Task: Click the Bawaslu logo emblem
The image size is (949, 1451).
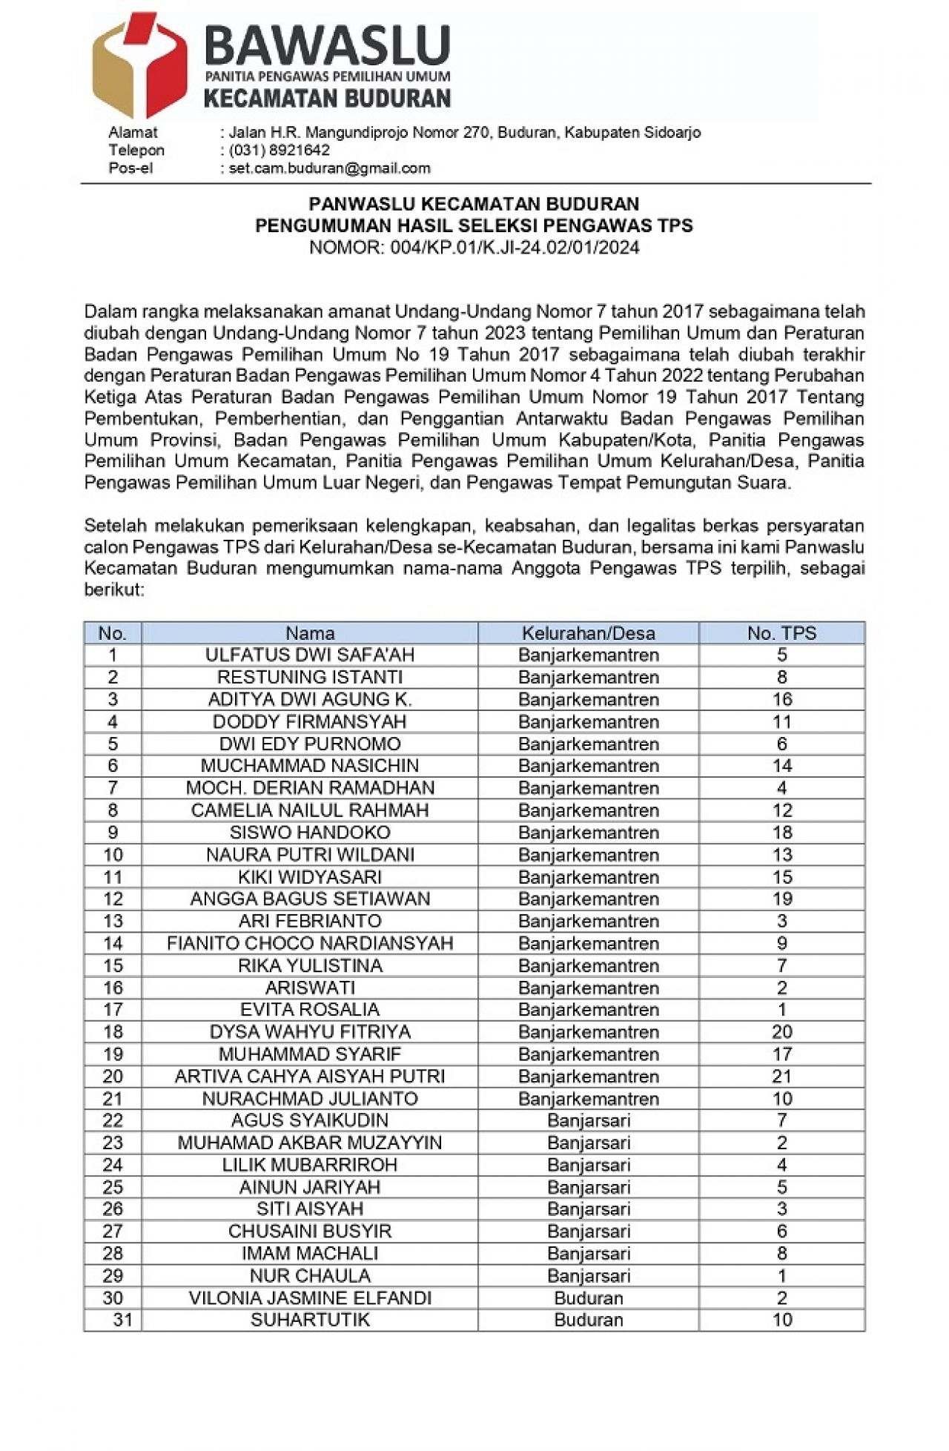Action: pyautogui.click(x=139, y=65)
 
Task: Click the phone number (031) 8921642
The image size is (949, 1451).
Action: pyautogui.click(x=279, y=151)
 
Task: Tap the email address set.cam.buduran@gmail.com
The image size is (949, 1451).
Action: pyautogui.click(x=329, y=168)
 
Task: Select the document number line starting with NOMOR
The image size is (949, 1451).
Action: pyautogui.click(x=474, y=248)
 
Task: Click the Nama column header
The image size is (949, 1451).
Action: pyautogui.click(x=310, y=633)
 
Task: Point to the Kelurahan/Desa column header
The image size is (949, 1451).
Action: pyautogui.click(x=588, y=633)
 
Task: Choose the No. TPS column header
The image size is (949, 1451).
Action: pyautogui.click(x=781, y=633)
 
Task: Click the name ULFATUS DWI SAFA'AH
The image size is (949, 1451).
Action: pyautogui.click(x=310, y=655)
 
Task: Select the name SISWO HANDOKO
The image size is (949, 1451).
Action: pyautogui.click(x=310, y=833)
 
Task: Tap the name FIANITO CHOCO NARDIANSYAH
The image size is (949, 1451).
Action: pyautogui.click(x=310, y=943)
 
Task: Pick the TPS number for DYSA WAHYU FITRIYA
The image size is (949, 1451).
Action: pyautogui.click(x=781, y=1032)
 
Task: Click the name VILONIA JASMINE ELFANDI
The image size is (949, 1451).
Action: pyautogui.click(x=310, y=1298)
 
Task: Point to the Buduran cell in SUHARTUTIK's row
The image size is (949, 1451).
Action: pyautogui.click(x=588, y=1320)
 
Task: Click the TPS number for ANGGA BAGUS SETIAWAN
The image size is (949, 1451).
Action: pyautogui.click(x=781, y=899)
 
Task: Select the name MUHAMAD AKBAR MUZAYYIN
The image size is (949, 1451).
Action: pyautogui.click(x=310, y=1143)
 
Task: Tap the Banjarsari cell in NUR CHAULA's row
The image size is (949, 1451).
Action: pyautogui.click(x=588, y=1276)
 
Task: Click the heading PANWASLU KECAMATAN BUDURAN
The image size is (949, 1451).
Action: pyautogui.click(x=474, y=204)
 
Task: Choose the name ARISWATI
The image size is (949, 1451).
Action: pyautogui.click(x=310, y=988)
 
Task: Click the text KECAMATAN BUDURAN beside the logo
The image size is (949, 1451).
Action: pyautogui.click(x=327, y=99)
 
